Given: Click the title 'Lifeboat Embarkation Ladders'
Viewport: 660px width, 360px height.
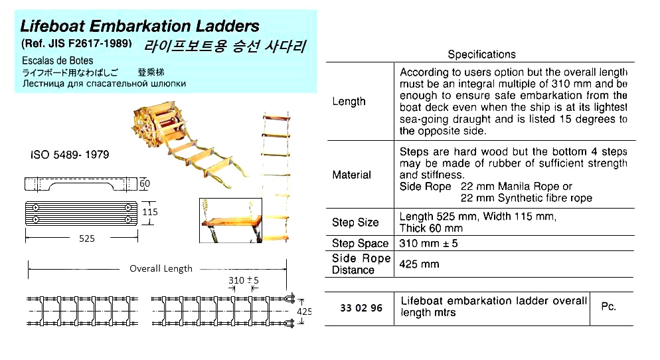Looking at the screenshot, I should tap(140, 27).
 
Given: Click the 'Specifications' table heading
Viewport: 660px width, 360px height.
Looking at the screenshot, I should tap(481, 54).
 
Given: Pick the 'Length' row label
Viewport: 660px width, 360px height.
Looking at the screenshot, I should tap(349, 102).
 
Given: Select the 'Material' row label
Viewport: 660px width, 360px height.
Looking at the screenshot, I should tap(351, 175).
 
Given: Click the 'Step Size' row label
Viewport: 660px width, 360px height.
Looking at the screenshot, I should tap(355, 223).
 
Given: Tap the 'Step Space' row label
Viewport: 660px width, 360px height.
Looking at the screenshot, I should tap(360, 243).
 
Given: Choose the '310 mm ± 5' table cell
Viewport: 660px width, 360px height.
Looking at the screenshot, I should tap(429, 243).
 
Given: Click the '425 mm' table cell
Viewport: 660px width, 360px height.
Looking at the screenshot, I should tap(420, 264).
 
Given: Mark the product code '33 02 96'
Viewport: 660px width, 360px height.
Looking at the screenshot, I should tap(361, 308).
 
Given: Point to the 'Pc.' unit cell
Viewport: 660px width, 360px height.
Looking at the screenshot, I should tap(608, 307).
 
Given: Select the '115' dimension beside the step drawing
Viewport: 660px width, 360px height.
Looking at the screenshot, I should tap(151, 212).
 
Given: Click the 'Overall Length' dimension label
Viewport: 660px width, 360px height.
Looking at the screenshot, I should tap(160, 268).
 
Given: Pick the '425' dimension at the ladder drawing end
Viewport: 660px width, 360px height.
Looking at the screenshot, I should tap(304, 311).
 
